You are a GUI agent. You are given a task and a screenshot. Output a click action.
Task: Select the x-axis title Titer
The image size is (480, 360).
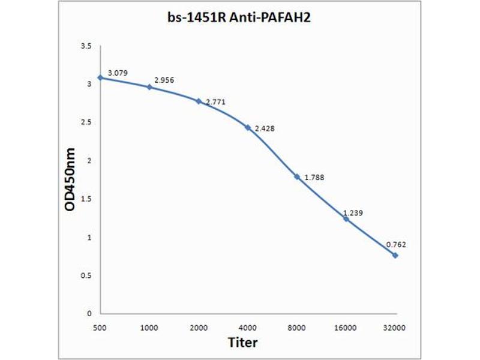pos(242,343)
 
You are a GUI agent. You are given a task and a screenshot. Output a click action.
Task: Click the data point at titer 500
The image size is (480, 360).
pos(100,77)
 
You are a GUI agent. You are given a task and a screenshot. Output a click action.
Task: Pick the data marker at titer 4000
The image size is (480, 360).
pos(248,127)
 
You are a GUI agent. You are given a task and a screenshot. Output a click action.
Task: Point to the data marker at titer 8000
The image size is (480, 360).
pos(297,176)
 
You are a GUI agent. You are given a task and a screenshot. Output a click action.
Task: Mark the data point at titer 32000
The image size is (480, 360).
pos(395,255)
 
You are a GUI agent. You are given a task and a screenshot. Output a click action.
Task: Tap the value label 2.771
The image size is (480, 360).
pos(215,103)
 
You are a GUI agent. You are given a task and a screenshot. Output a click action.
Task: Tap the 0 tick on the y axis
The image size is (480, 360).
pos(89,314)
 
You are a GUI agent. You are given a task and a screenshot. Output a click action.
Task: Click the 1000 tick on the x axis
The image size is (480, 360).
pos(149,328)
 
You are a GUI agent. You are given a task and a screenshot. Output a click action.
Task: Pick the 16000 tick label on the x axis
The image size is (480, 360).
pos(346,328)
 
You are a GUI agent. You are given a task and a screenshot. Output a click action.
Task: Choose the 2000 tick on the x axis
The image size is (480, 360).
pos(199,328)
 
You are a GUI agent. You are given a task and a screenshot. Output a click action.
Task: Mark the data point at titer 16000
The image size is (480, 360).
pos(346,218)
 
